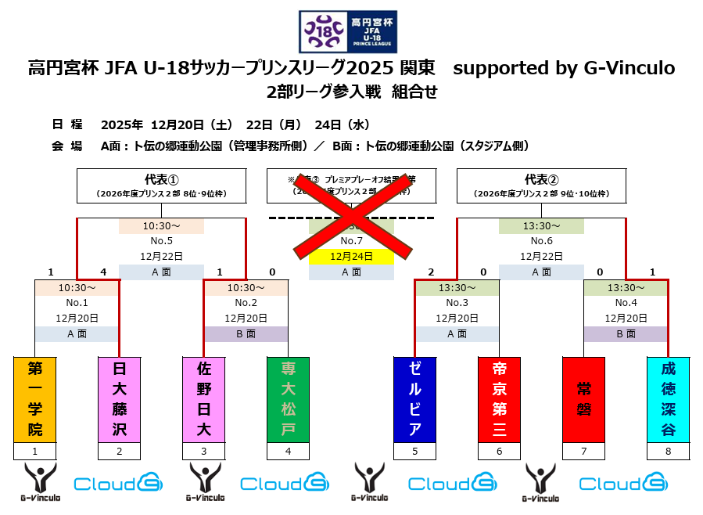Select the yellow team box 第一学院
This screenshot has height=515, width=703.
[x=35, y=399]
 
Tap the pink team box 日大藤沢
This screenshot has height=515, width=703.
[x=119, y=399]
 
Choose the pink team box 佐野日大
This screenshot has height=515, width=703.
[x=203, y=399]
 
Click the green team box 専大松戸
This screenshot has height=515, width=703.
[x=288, y=399]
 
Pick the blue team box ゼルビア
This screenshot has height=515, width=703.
[x=414, y=399]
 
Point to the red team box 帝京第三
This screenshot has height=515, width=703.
[x=499, y=399]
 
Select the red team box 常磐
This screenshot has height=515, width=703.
[x=583, y=399]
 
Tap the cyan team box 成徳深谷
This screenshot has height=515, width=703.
[x=668, y=399]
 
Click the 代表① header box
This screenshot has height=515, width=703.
[x=161, y=185]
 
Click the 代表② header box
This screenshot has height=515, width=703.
[x=541, y=185]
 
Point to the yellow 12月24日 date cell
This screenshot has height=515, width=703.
[x=351, y=256]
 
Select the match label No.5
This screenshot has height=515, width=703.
[x=161, y=241]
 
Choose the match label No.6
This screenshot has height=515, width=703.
[x=541, y=241]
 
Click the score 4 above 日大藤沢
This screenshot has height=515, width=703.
[x=103, y=272]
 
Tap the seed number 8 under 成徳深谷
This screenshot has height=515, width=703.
[x=668, y=452]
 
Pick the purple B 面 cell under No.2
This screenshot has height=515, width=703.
[x=246, y=333]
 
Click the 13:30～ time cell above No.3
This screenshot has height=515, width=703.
[x=457, y=287]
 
